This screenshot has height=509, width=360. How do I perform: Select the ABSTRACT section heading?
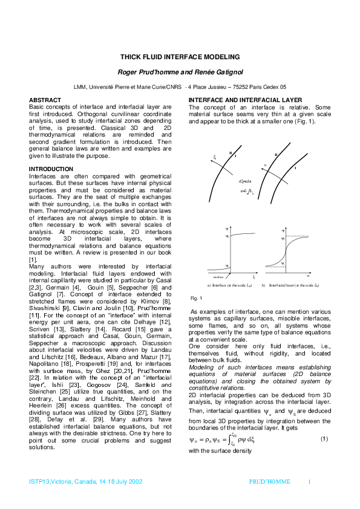point(47,99)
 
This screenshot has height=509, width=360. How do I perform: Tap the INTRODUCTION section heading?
point(51,169)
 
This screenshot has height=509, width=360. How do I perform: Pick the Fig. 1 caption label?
point(195,299)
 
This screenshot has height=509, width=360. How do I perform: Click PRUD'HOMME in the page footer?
point(270,482)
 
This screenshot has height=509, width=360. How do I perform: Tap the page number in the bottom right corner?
point(310,482)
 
